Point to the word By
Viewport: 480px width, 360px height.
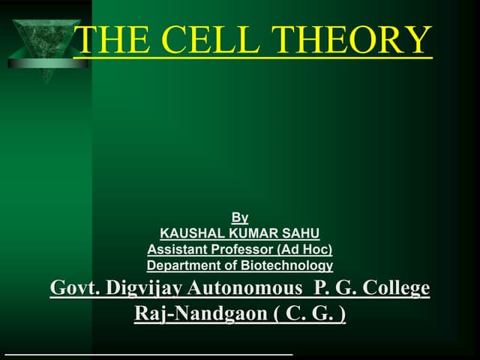point(240,218)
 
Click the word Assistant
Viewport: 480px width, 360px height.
point(175,250)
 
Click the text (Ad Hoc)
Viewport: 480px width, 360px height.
point(304,250)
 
